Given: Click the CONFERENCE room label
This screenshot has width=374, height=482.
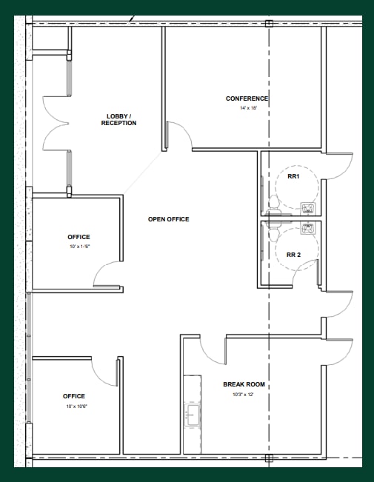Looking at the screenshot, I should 247,98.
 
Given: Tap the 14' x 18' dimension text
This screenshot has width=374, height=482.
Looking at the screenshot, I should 247,108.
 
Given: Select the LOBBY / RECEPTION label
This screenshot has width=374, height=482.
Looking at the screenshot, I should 118,120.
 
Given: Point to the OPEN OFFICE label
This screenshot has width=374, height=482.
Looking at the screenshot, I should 168,219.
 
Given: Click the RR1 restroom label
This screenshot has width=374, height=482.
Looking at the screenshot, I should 293,176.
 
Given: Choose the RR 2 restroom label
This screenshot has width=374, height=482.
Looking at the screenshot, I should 293,255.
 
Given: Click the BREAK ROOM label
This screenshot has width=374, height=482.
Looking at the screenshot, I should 244,384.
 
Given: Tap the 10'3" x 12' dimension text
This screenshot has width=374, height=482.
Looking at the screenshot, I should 244,394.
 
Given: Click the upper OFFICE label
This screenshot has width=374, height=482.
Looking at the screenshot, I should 79,237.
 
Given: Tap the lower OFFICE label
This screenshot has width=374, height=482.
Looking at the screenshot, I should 74,396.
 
